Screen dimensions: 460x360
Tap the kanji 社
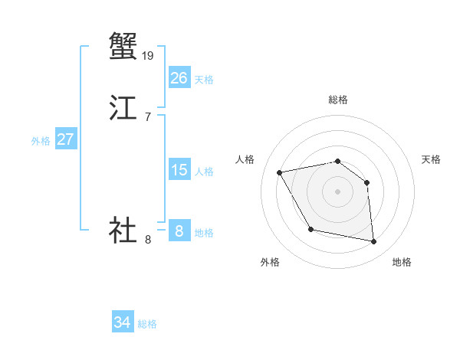(123, 229)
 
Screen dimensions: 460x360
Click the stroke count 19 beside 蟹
(149, 55)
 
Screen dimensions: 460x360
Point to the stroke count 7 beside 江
(147, 116)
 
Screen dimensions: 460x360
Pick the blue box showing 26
(179, 77)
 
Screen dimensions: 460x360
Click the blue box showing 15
(179, 170)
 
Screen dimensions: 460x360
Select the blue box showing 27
(65, 139)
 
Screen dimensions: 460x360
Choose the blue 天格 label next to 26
(204, 80)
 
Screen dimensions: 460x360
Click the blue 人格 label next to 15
(204, 172)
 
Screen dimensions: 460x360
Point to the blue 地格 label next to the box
(204, 233)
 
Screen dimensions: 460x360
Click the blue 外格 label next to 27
(41, 141)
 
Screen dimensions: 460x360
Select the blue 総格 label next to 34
(147, 324)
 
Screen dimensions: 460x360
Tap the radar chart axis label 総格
(337, 100)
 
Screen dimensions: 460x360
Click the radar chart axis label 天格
(431, 159)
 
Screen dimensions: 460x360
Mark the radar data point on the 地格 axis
(374, 242)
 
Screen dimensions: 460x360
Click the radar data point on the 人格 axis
(280, 172)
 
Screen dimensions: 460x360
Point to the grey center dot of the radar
(337, 191)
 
